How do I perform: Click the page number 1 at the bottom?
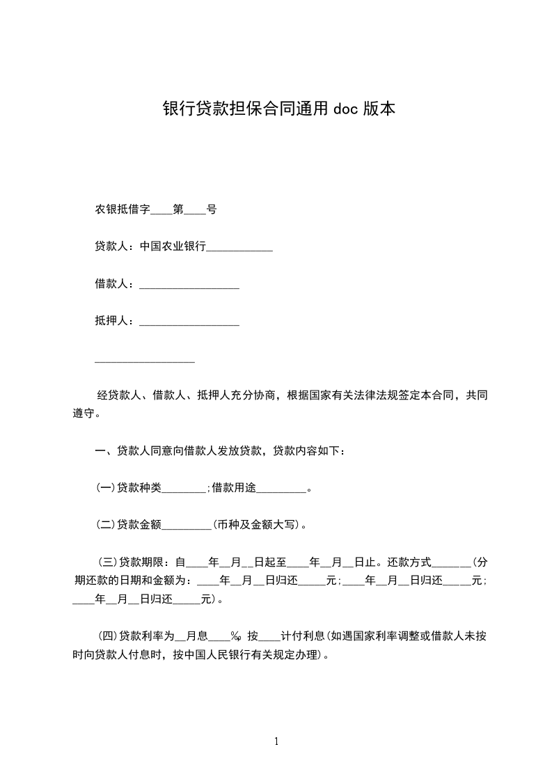pyautogui.click(x=276, y=741)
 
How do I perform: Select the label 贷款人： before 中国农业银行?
pyautogui.click(x=116, y=246)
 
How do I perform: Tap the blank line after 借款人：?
pyautogui.click(x=189, y=285)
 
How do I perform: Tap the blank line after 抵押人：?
pyautogui.click(x=189, y=322)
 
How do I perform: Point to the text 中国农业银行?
pyautogui.click(x=173, y=246)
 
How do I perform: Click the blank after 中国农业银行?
pyautogui.click(x=239, y=248)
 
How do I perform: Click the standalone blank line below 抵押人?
pyautogui.click(x=144, y=360)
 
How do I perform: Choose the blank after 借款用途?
pyautogui.click(x=281, y=490)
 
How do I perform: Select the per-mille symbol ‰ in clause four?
pyautogui.click(x=235, y=636)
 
